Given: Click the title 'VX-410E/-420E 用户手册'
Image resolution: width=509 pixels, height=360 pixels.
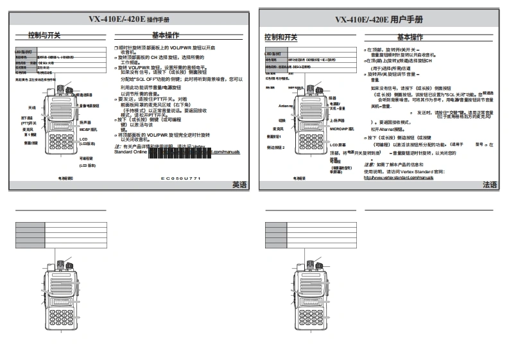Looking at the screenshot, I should click(x=381, y=19).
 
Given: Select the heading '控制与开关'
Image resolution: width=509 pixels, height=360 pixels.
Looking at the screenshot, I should click(x=46, y=35).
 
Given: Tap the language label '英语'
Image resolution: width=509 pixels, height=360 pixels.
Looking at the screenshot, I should click(x=239, y=184).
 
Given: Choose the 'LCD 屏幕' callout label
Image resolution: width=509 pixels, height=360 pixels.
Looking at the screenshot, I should click(x=339, y=146).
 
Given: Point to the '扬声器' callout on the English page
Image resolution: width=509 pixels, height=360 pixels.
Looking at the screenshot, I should click(x=85, y=121).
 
